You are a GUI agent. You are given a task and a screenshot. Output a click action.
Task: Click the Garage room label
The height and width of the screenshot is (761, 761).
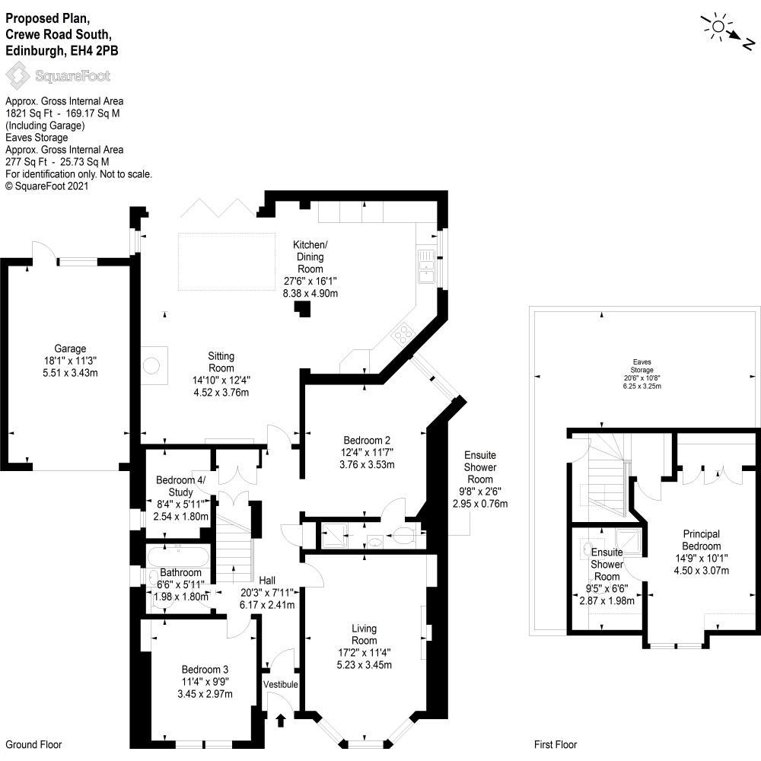70,349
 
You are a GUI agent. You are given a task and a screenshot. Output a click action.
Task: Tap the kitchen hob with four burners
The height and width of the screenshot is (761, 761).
403,333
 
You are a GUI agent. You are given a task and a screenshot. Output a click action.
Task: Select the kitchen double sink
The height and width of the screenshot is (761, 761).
427,266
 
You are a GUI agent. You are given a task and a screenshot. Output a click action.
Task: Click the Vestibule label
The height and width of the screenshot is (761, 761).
281,684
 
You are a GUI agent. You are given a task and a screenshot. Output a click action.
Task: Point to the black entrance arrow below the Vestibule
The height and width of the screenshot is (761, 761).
281,720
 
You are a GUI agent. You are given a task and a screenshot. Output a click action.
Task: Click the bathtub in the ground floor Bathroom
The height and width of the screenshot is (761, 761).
178,557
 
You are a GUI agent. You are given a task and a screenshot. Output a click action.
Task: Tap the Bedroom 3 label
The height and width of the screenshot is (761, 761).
205,670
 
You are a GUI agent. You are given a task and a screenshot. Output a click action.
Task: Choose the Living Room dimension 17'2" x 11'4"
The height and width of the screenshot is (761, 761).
364,653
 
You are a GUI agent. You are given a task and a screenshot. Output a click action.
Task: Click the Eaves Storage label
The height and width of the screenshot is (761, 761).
642,366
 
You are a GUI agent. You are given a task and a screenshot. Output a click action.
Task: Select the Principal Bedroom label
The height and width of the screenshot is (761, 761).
702,540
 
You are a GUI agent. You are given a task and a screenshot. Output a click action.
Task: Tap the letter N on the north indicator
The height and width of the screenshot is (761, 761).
749,44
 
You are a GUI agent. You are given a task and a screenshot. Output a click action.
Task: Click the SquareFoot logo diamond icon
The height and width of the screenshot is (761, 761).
18,77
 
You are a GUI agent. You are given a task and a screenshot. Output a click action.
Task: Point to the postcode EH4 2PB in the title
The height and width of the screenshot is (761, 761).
94,51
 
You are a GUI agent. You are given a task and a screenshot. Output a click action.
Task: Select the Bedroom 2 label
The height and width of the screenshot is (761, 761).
367,440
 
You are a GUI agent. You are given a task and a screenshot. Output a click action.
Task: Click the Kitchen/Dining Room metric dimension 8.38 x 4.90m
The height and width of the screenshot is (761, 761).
310,293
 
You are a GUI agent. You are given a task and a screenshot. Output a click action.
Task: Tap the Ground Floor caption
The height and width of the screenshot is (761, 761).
34,744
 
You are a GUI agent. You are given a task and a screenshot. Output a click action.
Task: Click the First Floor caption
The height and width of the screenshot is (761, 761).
556,744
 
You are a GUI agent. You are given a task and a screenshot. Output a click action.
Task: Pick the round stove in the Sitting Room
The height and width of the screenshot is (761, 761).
151,365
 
